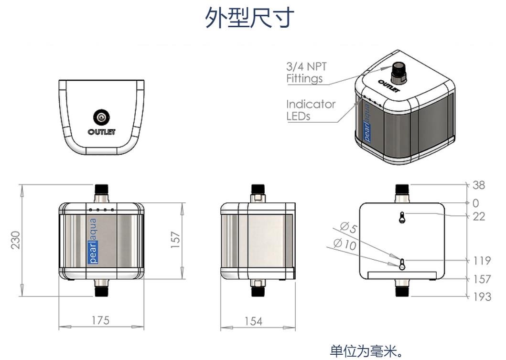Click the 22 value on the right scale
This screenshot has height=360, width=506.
coord(478,216)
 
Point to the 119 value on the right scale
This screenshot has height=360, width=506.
coord(482,261)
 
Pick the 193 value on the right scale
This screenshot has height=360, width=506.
coord(482,296)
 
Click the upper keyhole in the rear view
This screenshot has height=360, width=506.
coord(402,217)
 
